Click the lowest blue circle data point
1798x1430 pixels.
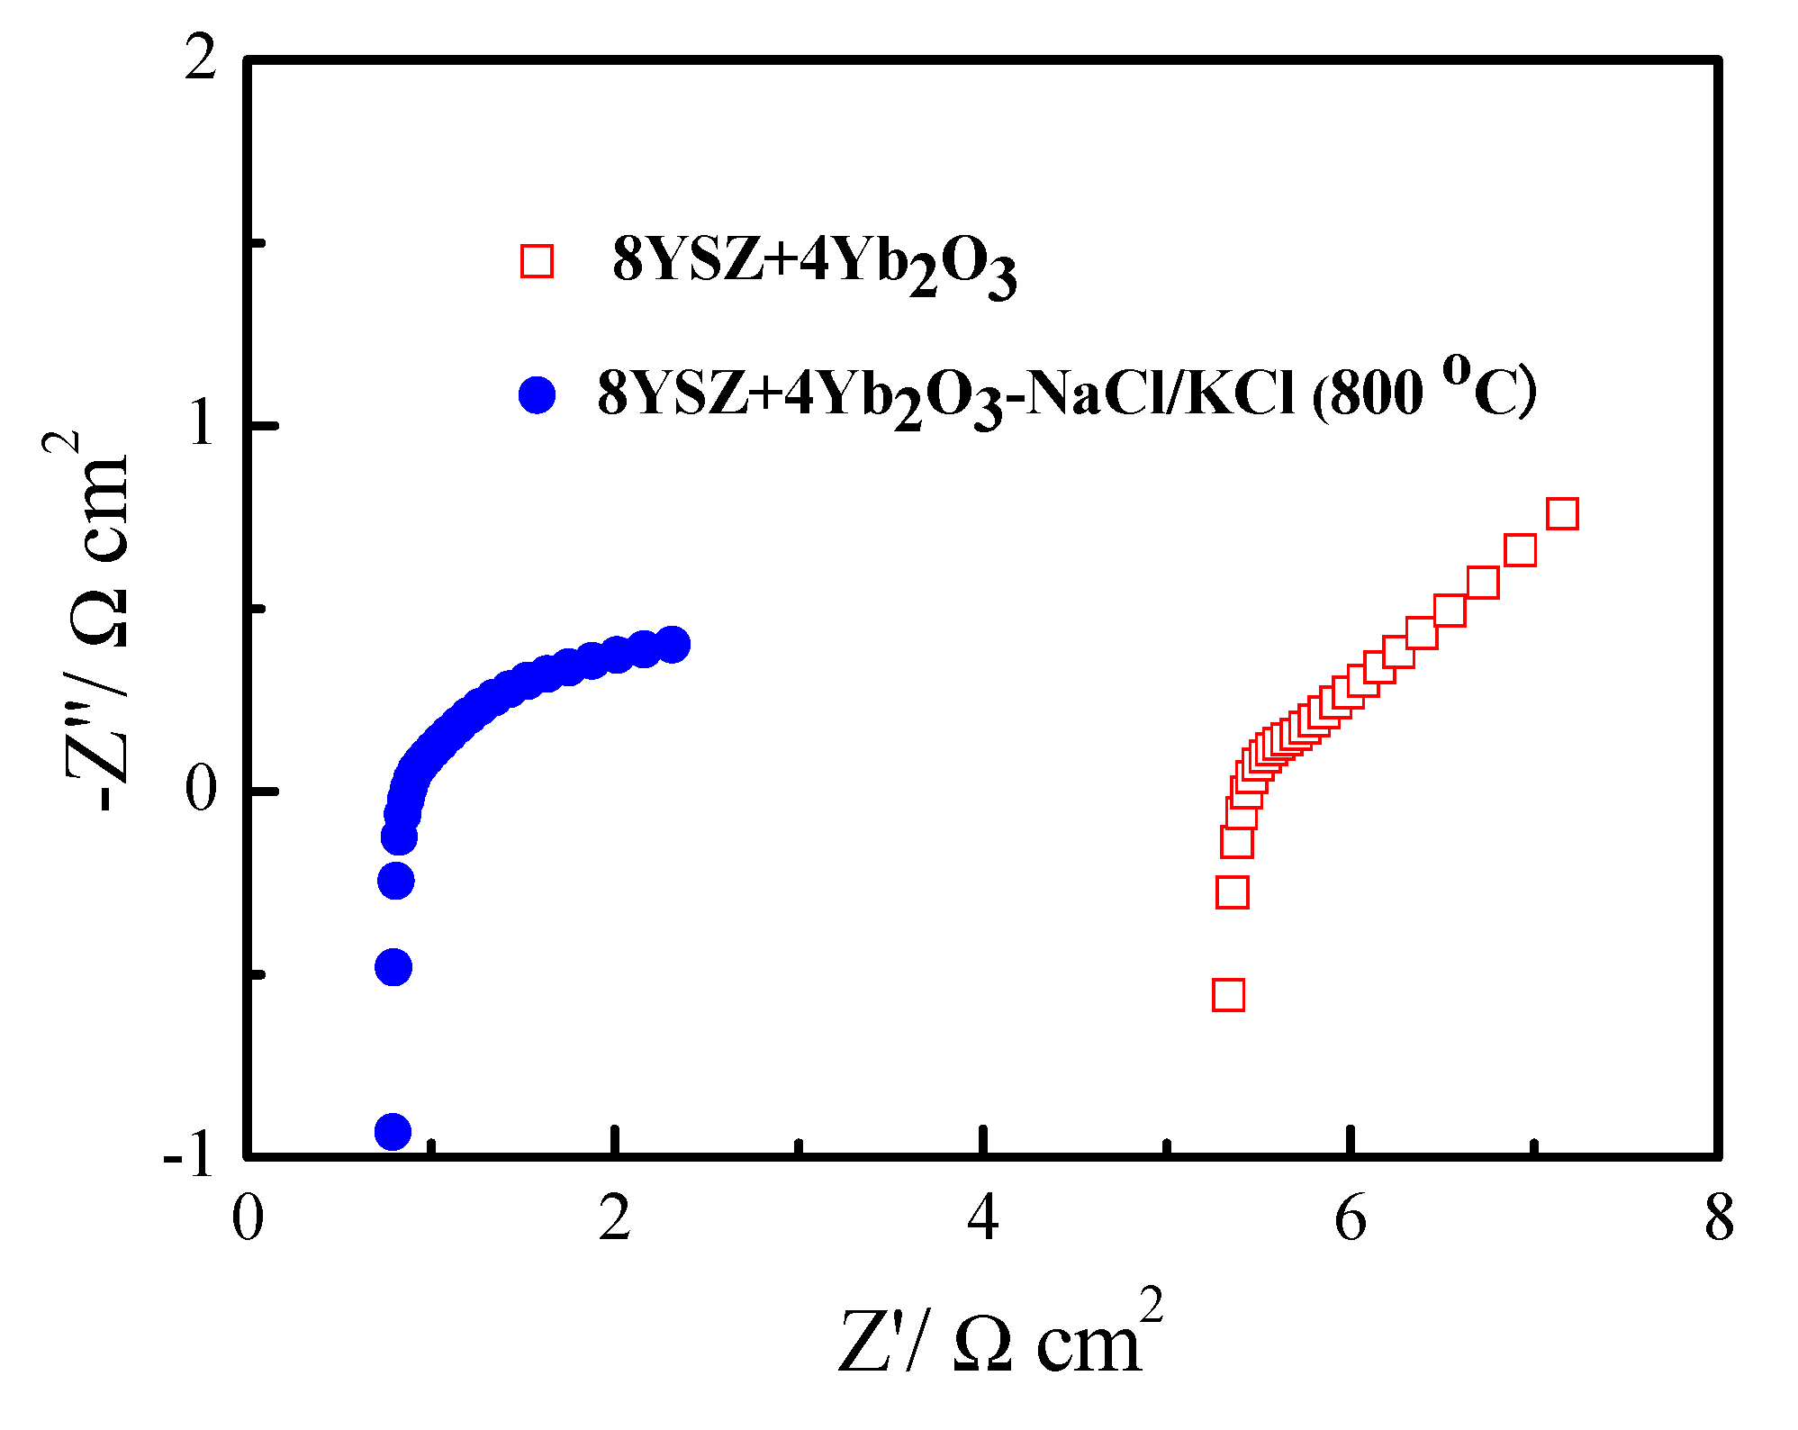(393, 1131)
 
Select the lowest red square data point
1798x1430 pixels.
(1229, 995)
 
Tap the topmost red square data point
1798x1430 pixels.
(1562, 513)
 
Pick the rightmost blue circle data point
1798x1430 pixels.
(673, 644)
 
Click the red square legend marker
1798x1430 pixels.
(537, 261)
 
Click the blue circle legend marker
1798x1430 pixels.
(538, 394)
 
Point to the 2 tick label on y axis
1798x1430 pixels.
(200, 61)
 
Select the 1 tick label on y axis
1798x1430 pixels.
(202, 424)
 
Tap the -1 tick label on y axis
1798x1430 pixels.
(189, 1155)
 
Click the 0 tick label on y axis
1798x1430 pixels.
(202, 790)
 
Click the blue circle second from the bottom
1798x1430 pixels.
(393, 967)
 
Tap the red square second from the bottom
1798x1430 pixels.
(1233, 891)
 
